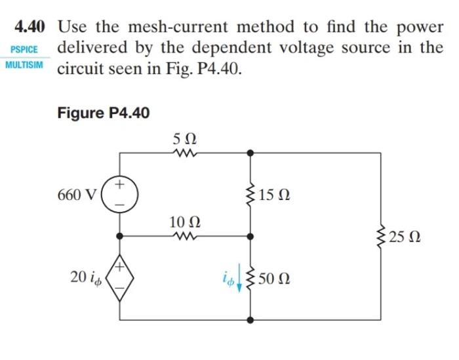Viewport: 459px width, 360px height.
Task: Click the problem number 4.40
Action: tap(30, 28)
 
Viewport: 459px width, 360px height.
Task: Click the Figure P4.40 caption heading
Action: tap(103, 113)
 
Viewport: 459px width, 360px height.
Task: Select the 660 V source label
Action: tap(79, 194)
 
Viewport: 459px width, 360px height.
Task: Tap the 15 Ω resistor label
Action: tap(273, 195)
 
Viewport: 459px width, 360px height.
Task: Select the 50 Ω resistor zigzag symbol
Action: tap(250, 279)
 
